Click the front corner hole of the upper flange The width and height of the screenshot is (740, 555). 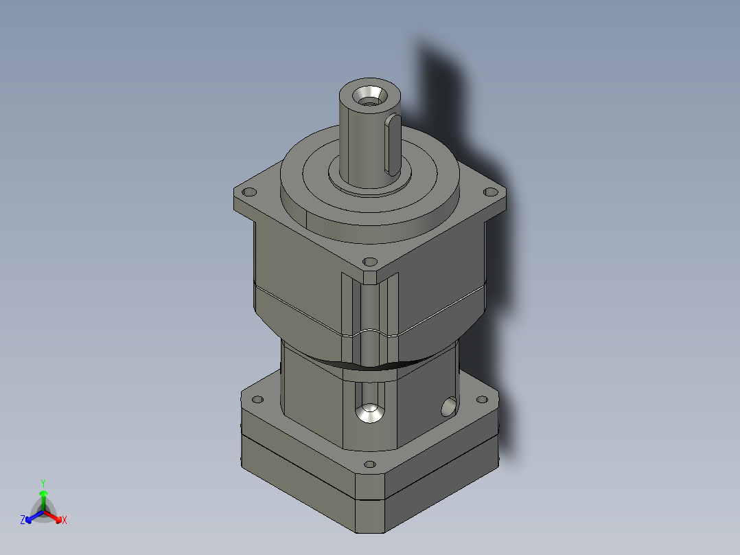370,262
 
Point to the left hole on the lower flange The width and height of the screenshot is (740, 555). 258,399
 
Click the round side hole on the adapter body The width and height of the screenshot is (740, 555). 449,409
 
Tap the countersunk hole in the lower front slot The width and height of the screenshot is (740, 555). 370,413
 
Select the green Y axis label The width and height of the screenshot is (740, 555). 43,482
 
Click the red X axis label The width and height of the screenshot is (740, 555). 65,521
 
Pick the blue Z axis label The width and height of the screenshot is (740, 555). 23,521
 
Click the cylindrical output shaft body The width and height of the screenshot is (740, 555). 360,137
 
